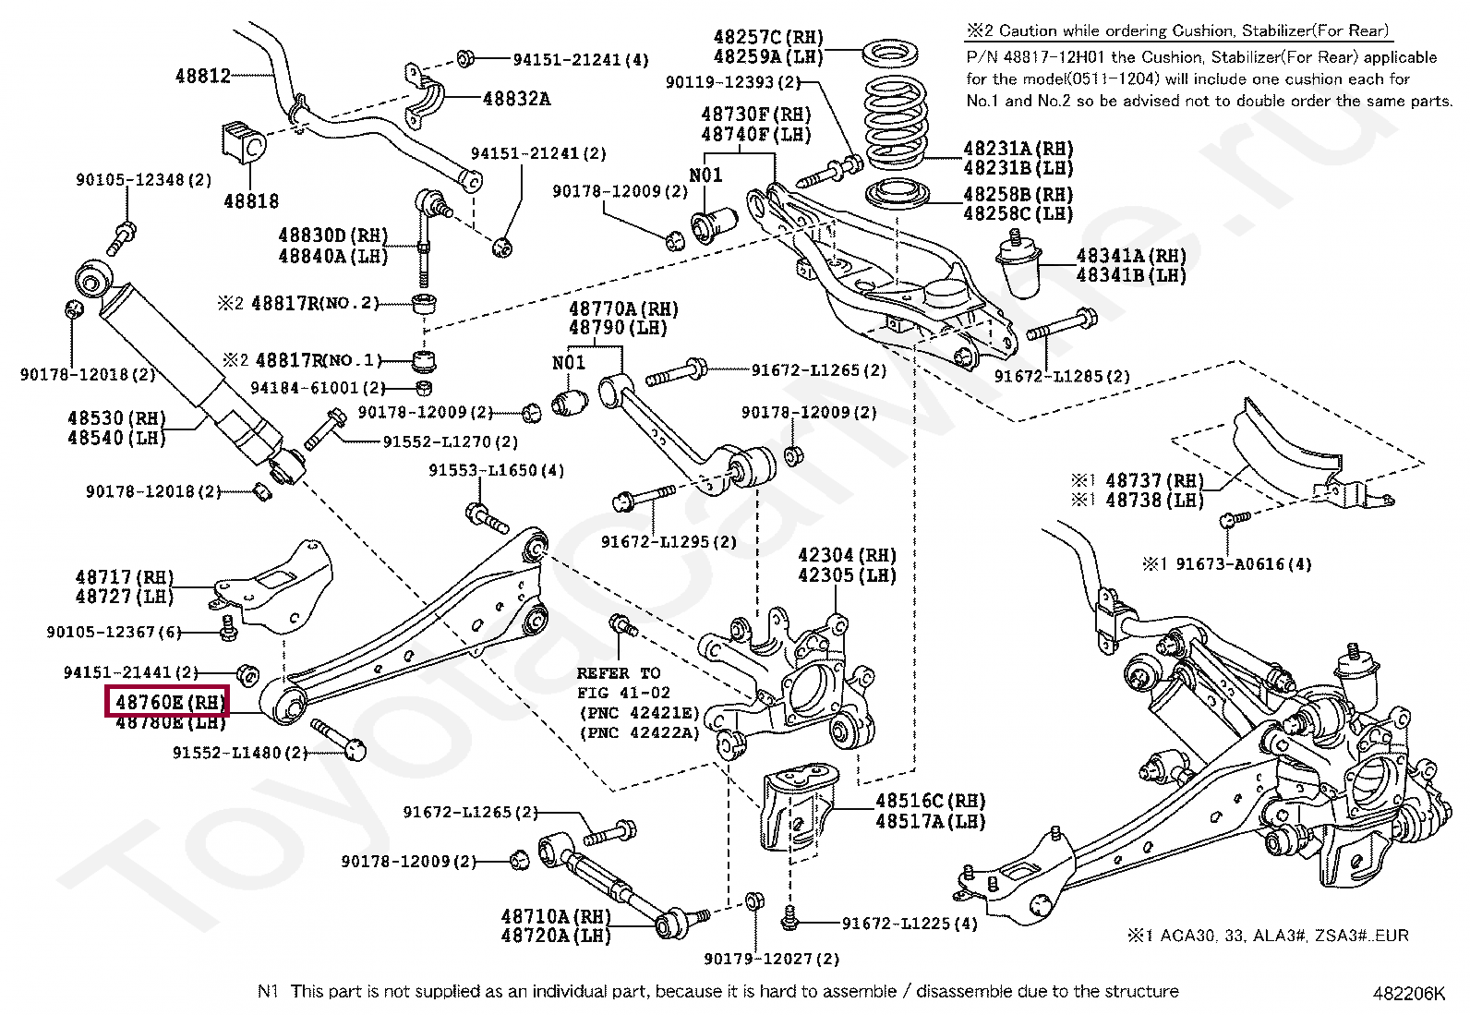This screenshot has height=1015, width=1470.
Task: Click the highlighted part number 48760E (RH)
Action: coord(168,703)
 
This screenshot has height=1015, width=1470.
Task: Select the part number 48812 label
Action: coord(203,76)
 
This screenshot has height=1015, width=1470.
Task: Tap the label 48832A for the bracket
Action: coord(516,98)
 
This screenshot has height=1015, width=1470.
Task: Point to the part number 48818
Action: coord(250,200)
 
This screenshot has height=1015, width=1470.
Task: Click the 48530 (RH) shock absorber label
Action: coord(116,418)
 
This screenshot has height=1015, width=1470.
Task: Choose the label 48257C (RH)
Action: coord(767,37)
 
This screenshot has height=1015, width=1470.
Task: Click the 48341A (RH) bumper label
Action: coord(1131,256)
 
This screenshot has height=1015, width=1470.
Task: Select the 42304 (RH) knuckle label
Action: coord(847,555)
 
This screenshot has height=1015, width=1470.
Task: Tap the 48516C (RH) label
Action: coord(930,801)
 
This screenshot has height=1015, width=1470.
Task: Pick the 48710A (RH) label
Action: coord(556,916)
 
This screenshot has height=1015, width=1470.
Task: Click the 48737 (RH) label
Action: coord(1154,480)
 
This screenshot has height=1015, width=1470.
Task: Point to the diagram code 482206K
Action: coord(1408,994)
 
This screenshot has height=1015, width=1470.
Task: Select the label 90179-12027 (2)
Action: coord(772,959)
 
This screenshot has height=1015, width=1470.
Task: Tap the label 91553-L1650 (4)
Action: coord(496,470)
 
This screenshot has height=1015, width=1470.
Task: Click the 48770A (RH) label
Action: coord(623,308)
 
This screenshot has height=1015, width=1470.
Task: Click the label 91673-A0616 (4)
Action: coord(1243,563)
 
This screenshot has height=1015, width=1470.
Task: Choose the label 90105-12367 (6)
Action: coord(114,632)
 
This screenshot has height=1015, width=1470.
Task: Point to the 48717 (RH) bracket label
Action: coord(125,577)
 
